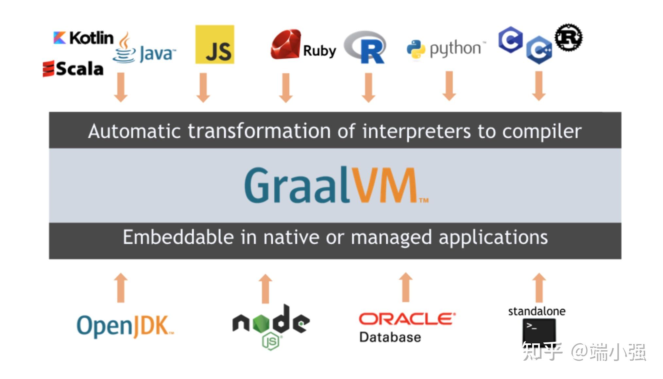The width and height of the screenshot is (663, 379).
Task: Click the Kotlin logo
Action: [x=83, y=38]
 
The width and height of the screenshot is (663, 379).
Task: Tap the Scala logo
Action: [x=73, y=69]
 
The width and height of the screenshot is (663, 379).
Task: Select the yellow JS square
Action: [x=214, y=44]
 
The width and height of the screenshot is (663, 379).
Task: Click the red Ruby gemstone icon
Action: [x=285, y=45]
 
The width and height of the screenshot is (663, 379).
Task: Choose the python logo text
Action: [x=455, y=49]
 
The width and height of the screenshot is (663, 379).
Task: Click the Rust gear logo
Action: [x=569, y=38]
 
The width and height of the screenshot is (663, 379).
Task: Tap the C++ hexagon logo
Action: [x=539, y=50]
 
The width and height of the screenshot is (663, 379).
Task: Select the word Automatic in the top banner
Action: [x=134, y=131]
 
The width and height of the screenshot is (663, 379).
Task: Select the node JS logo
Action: [x=271, y=325]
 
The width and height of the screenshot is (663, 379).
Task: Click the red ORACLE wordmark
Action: [x=407, y=319]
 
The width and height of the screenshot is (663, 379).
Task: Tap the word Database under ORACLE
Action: [x=390, y=337]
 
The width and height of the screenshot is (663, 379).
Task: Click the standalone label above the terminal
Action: [x=536, y=311]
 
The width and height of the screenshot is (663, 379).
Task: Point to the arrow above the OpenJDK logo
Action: [x=121, y=288]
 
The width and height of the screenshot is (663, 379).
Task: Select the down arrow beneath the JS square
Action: [x=203, y=87]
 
